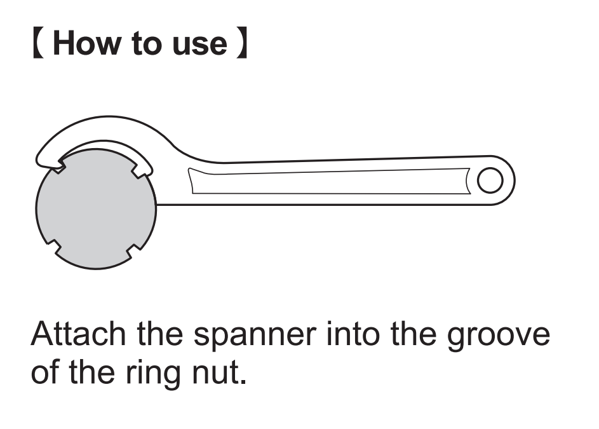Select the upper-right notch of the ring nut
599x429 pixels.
coord(144,170)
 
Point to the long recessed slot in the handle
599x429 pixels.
coord(330,181)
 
